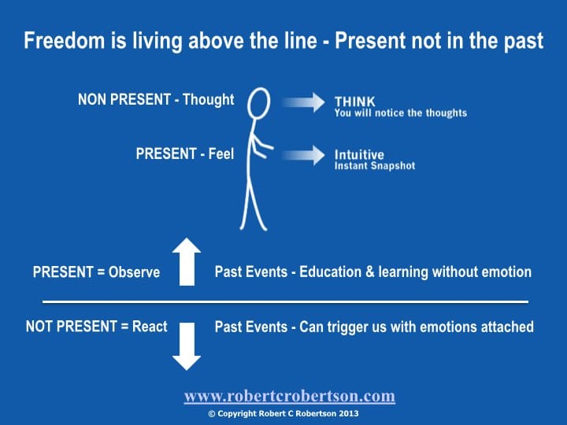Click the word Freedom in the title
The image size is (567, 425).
65,40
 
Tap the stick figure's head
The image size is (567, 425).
259,103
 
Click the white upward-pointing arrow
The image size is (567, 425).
187,261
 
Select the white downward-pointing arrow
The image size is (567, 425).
187,346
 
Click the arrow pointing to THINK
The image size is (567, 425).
303,102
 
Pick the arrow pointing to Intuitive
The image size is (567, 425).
303,155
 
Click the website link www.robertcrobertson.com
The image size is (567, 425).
289,396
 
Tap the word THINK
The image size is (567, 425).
354,102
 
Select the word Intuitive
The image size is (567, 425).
359,155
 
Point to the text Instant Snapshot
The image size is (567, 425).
375,166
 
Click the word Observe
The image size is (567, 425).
134,272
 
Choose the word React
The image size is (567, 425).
150,327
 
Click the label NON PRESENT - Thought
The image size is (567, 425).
156,99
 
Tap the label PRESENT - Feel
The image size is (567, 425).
185,153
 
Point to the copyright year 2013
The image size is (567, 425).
349,413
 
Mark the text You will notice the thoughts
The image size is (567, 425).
401,113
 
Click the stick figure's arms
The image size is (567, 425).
261,146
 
